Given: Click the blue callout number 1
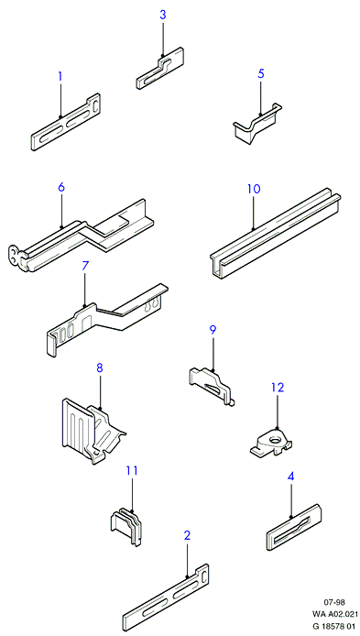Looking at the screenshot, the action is click(x=60, y=76).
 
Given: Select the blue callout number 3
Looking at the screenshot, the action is click(x=162, y=16).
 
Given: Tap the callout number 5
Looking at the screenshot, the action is click(x=261, y=74).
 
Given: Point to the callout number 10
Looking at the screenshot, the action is click(x=254, y=189).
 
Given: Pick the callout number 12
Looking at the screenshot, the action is click(x=278, y=387).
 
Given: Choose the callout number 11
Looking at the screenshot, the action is click(x=132, y=470).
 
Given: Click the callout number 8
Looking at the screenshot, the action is click(x=100, y=368).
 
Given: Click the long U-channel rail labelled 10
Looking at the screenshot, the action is click(x=276, y=235).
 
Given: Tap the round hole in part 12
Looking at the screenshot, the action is click(x=276, y=439).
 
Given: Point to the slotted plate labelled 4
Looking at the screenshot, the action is click(x=294, y=527).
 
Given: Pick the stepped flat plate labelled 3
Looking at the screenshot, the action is click(x=159, y=68).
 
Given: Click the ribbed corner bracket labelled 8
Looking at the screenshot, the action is click(x=93, y=431).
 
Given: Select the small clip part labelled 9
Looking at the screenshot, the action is click(x=212, y=385).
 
